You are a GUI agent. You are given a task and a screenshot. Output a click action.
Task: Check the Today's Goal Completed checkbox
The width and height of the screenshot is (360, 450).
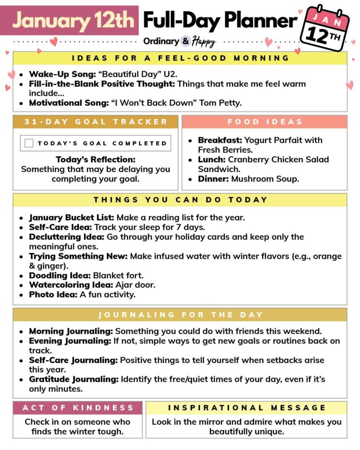(x=29, y=143)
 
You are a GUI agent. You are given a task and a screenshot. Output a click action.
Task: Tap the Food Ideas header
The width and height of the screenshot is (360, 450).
(x=264, y=122)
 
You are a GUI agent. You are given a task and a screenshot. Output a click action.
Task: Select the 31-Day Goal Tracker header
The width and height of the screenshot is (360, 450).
(x=96, y=122)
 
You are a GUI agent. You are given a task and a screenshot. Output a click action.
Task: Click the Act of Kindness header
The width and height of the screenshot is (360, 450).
(x=77, y=408)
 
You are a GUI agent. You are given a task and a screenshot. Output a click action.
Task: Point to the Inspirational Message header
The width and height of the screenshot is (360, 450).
(x=246, y=408)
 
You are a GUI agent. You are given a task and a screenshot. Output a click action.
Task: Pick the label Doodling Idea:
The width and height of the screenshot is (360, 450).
(x=60, y=276)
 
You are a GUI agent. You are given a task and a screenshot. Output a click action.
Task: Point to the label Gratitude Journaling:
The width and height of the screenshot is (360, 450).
(x=73, y=379)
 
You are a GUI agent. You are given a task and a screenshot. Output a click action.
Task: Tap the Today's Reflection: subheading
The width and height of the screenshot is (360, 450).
(x=95, y=160)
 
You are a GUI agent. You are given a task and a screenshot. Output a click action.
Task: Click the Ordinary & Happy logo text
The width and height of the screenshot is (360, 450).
(x=179, y=41)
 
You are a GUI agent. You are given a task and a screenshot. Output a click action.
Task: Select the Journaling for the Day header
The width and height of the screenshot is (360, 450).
(x=180, y=315)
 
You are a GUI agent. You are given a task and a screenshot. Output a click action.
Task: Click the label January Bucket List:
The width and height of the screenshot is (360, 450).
(x=72, y=218)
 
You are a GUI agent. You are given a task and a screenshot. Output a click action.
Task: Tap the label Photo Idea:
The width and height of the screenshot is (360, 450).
(x=53, y=294)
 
